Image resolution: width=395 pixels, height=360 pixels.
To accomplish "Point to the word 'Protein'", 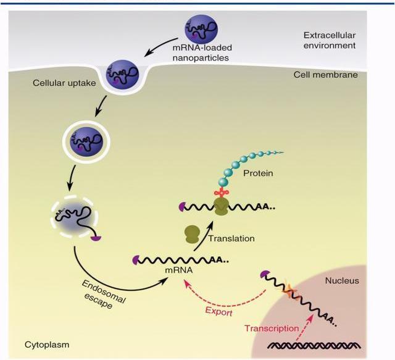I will (x=257, y=174).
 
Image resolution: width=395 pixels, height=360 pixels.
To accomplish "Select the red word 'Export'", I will (x=219, y=312).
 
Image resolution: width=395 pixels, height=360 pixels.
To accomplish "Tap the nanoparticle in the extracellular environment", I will (x=201, y=30).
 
